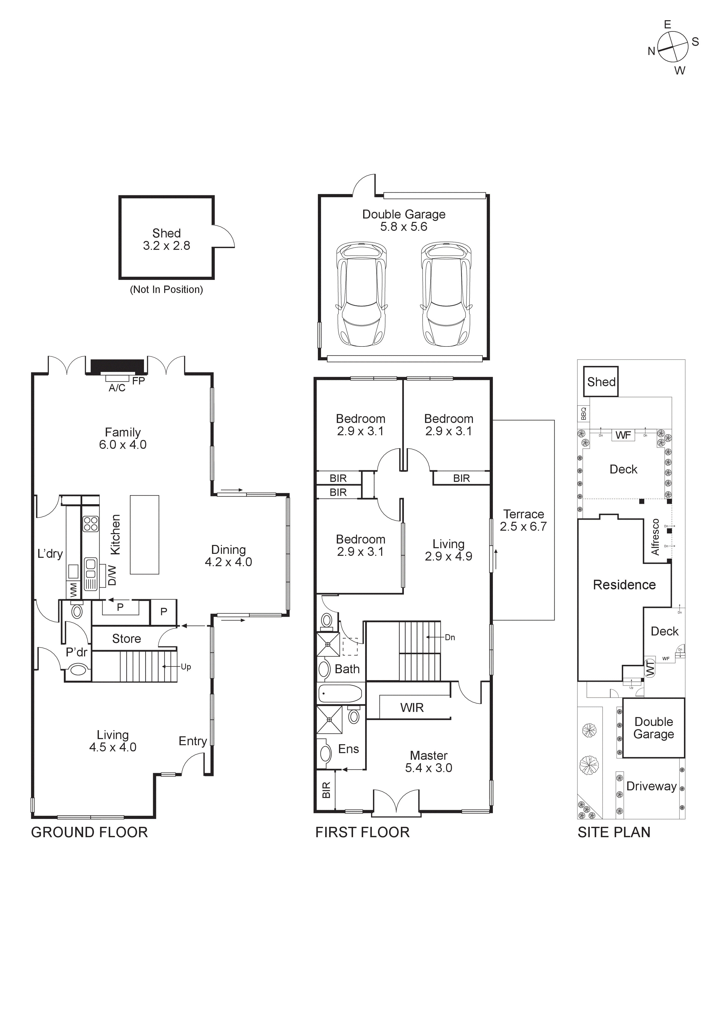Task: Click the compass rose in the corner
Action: (673, 47)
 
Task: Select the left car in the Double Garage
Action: (362, 294)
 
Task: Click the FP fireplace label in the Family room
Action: (139, 381)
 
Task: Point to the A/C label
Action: (117, 388)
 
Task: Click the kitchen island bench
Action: (144, 535)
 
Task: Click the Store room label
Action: (127, 639)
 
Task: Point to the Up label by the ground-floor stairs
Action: (186, 667)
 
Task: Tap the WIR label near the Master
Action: (412, 708)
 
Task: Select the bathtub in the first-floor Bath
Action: (340, 694)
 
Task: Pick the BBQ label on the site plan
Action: (584, 413)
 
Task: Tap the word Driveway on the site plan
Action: (651, 786)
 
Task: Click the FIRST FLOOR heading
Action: (362, 832)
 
